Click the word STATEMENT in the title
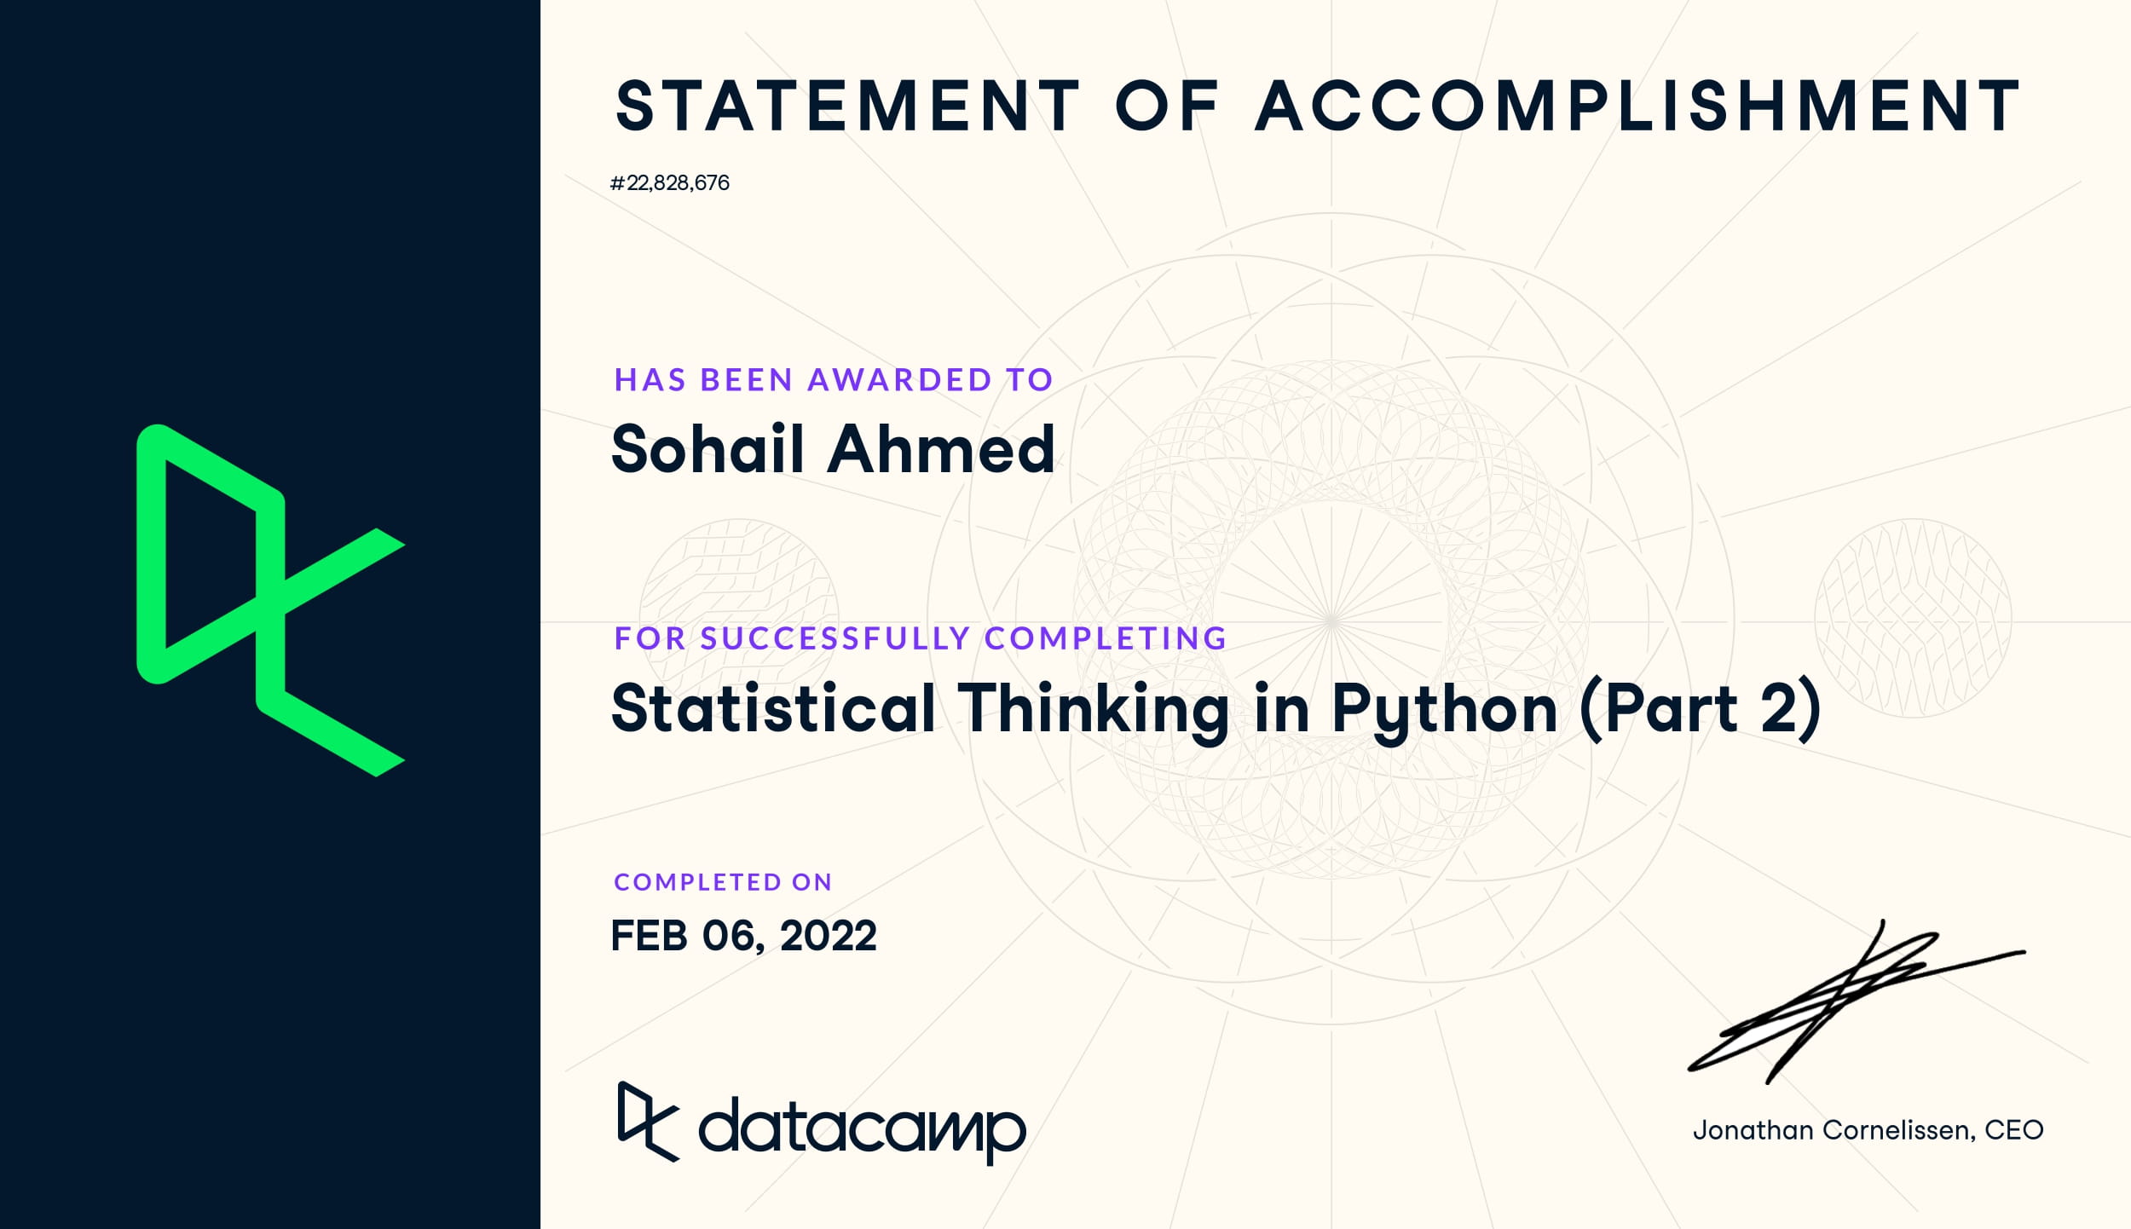[848, 107]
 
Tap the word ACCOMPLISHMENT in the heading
[1637, 107]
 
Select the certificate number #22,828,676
[670, 183]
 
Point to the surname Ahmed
[942, 448]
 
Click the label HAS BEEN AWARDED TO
[834, 379]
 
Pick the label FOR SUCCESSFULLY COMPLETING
[921, 638]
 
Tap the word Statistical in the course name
[774, 708]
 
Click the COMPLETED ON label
[723, 882]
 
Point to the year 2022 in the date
[828, 936]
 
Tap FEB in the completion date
[650, 936]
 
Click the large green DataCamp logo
[271, 600]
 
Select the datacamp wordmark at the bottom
[862, 1130]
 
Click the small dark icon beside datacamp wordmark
[648, 1122]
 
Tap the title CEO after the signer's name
[2013, 1130]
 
